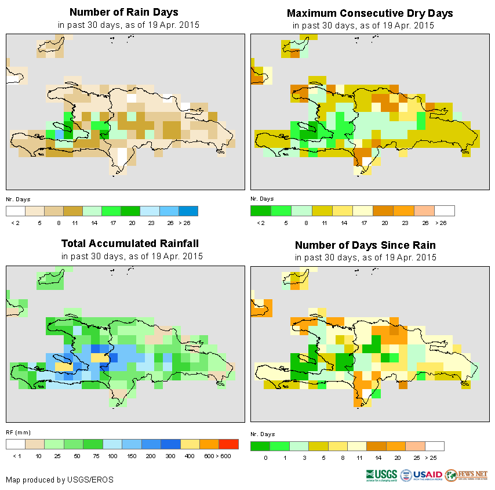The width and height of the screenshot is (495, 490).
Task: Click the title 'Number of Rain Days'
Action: pos(124,12)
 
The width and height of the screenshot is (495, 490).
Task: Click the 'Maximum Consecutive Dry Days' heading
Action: pos(370,13)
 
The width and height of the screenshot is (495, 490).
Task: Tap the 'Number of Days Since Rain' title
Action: pos(365,245)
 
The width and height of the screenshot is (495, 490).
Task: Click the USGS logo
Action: pos(381,476)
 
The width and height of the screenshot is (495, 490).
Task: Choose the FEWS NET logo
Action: pos(467,475)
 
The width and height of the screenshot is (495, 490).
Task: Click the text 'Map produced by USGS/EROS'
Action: pos(60,480)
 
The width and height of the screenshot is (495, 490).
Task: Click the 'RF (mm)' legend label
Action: pos(18,433)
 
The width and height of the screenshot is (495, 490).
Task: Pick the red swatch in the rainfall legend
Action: pos(229,444)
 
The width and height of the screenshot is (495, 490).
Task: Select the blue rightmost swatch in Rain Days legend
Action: pos(188,210)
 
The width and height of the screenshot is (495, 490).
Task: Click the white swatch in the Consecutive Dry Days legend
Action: pos(445,210)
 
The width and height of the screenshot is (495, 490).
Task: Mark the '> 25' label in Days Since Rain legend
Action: pos(433,458)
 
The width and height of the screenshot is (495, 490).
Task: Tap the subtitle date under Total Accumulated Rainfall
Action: pos(132,256)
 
